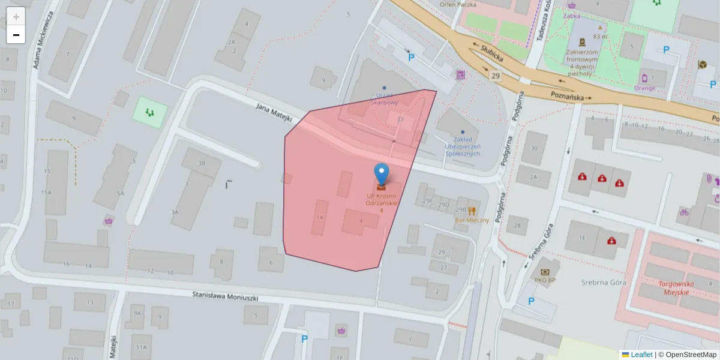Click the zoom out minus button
point(16,35)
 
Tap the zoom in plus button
point(16,17)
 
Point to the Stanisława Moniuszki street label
point(225,296)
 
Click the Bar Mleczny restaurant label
point(472,220)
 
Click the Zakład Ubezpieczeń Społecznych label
point(462,146)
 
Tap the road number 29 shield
point(495,76)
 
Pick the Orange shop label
point(644,88)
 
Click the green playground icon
point(148,112)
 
